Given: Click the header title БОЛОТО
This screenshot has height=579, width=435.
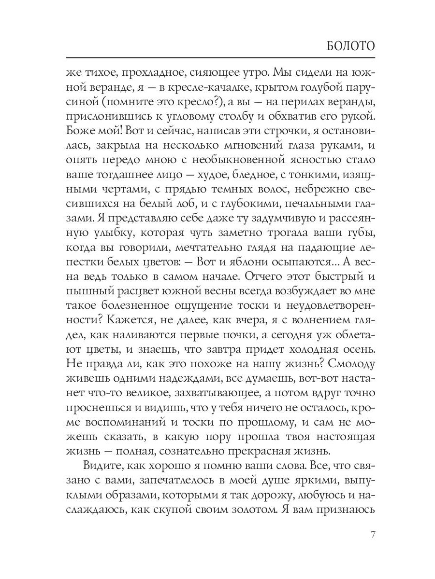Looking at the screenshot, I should point(347,47).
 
